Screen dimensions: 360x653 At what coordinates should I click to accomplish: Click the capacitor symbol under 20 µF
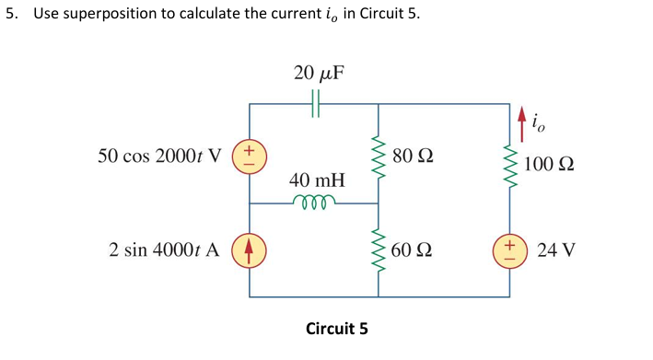(x=316, y=104)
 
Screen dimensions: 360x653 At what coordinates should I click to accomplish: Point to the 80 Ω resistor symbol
(x=378, y=155)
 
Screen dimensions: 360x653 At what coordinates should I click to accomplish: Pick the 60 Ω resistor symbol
(x=378, y=250)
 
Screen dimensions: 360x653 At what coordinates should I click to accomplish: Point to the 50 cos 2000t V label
(x=162, y=154)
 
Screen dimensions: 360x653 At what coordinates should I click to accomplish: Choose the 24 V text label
(x=555, y=250)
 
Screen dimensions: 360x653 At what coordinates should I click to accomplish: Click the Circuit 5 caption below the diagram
(x=336, y=328)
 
